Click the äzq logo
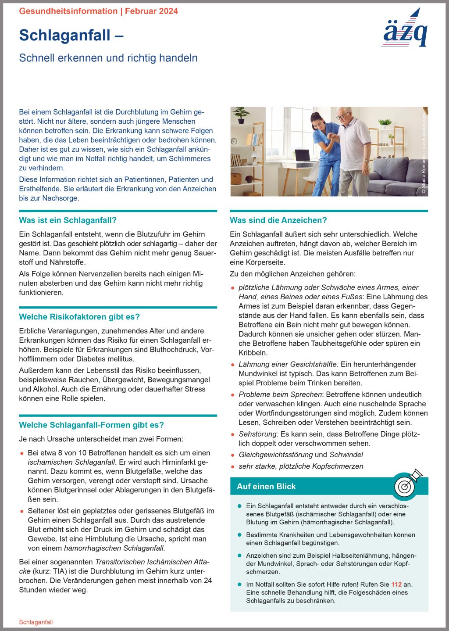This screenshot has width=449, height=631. click(x=405, y=30)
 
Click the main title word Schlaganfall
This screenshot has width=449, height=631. click(x=64, y=35)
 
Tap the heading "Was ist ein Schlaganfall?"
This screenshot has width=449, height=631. click(x=68, y=220)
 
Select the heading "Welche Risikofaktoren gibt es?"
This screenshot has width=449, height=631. click(x=79, y=317)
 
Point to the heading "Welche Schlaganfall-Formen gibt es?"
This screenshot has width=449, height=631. click(x=91, y=425)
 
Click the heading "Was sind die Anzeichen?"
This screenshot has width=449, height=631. click(x=278, y=220)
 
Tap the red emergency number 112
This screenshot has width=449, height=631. click(x=396, y=584)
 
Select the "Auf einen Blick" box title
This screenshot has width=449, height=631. click(x=266, y=486)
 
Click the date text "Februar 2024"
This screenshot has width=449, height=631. click(x=151, y=11)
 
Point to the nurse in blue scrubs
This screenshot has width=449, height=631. click(x=324, y=149)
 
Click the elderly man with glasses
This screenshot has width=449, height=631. click(x=353, y=147)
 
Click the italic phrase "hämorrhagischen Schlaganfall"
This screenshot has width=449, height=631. click(x=114, y=548)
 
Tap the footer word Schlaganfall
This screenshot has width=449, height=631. click(x=36, y=622)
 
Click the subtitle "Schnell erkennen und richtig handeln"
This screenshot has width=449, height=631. click(x=108, y=58)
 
